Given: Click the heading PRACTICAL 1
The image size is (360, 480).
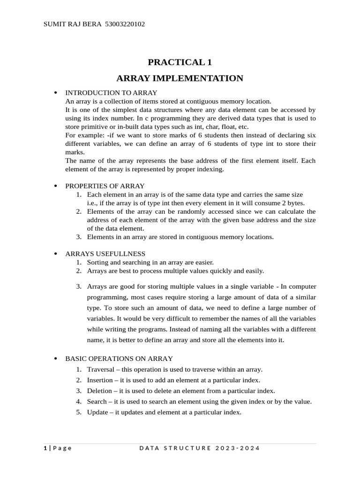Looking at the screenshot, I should click(180, 62).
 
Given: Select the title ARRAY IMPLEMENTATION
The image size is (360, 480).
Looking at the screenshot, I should click(180, 78).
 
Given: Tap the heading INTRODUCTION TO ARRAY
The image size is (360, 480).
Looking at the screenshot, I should click(111, 92).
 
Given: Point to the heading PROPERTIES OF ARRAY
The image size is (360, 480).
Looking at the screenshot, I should click(105, 186).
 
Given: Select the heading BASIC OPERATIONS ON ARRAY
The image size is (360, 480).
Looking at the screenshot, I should click(119, 359).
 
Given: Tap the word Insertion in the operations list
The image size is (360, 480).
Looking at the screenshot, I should click(99, 380).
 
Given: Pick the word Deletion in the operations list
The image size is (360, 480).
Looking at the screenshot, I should click(99, 391).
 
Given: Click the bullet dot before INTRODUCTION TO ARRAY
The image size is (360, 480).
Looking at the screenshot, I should click(56, 93).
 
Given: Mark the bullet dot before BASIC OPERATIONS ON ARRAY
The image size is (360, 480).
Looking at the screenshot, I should click(56, 359).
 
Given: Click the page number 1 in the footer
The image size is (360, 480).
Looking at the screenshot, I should click(45, 448).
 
